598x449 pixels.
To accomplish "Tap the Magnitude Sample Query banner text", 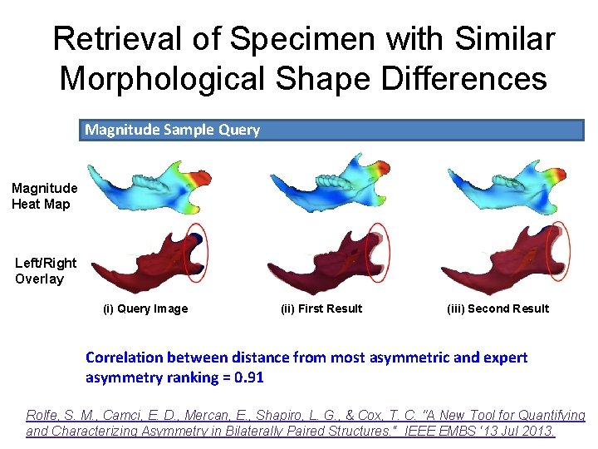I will click(x=172, y=130).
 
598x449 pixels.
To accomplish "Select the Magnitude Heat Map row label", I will click(x=44, y=195).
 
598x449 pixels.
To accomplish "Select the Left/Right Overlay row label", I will click(x=45, y=270).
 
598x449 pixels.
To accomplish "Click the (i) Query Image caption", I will click(x=145, y=308).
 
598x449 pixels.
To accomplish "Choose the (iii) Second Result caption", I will click(x=498, y=308).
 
